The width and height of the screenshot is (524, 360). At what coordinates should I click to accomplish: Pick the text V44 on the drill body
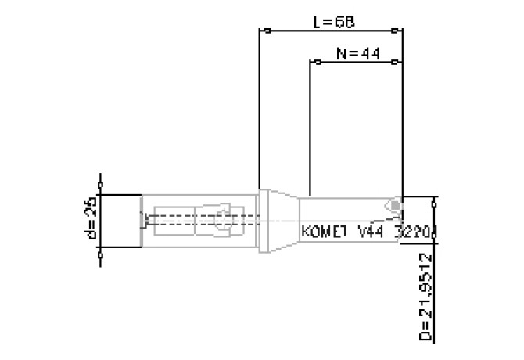[x=371, y=232]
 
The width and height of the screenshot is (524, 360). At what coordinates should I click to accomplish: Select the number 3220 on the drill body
[x=414, y=232]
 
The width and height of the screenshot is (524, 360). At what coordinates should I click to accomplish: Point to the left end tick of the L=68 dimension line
[x=266, y=31]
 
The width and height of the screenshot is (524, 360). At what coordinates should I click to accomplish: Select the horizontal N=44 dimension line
[x=356, y=61]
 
